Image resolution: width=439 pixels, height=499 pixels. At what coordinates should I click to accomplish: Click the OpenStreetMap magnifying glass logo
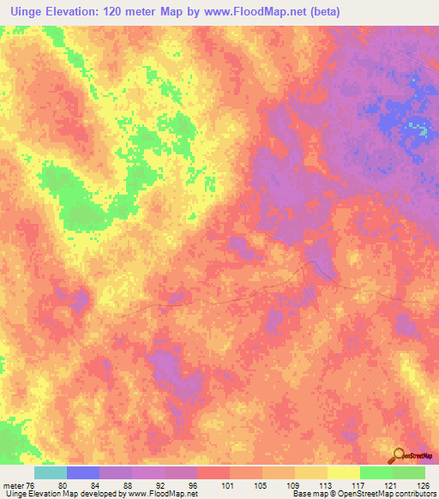[398, 455]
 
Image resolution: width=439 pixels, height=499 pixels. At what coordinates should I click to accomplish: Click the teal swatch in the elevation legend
[51, 472]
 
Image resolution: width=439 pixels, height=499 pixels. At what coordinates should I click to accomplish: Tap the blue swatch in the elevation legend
[83, 472]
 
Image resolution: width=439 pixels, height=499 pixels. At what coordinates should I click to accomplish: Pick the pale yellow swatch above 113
[311, 472]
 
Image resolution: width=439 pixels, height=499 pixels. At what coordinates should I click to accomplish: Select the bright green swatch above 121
[376, 472]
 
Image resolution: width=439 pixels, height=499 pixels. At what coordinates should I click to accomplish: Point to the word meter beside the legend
[12, 484]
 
